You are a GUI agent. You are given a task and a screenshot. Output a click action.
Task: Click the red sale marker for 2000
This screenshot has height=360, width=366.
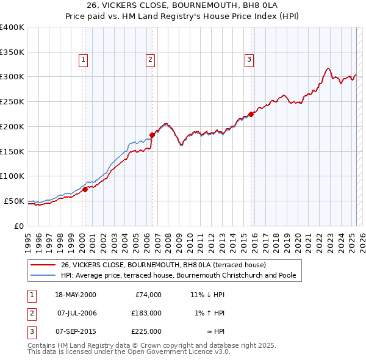[85, 189]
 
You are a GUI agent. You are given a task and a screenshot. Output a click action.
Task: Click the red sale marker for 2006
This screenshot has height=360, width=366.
[152, 135]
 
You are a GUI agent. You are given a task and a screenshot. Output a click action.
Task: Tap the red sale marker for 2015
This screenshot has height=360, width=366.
[251, 113]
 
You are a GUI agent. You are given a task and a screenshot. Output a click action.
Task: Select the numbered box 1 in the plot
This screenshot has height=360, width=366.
[82, 59]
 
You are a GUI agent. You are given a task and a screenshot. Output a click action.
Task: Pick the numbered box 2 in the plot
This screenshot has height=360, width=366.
[149, 59]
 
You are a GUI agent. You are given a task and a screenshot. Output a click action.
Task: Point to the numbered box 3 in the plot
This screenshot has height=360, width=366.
[249, 59]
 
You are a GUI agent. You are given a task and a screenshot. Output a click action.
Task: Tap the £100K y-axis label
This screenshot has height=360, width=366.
[12, 176]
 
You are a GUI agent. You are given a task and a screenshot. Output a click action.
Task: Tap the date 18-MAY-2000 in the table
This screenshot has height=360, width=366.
[75, 294]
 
